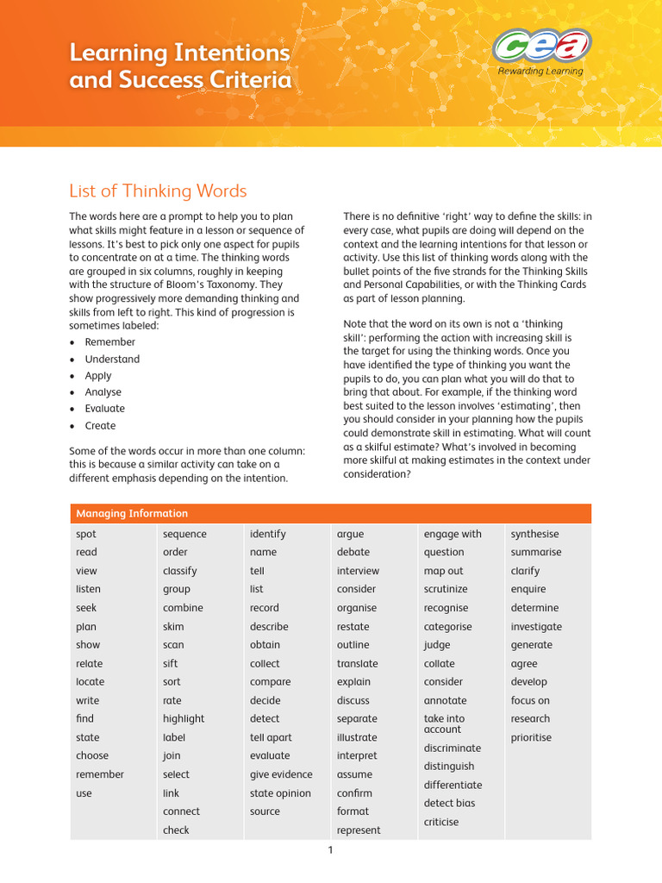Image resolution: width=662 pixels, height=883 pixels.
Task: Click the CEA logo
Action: pyautogui.click(x=540, y=45)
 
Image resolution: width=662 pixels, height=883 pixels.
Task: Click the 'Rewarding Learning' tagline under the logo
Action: pyautogui.click(x=540, y=72)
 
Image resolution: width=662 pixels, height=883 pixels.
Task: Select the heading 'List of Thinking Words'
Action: pyautogui.click(x=158, y=191)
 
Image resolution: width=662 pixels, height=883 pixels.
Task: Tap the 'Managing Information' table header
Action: pyautogui.click(x=132, y=514)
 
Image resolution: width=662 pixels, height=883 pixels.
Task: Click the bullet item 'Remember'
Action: pyautogui.click(x=109, y=342)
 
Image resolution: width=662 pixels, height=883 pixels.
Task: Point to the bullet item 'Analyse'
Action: pyautogui.click(x=103, y=392)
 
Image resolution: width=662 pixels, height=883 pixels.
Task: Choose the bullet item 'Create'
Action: pyautogui.click(x=100, y=426)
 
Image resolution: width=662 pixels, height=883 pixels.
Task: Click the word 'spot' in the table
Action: pyautogui.click(x=86, y=535)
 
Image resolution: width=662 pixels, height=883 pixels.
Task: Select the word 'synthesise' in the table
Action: pyautogui.click(x=534, y=535)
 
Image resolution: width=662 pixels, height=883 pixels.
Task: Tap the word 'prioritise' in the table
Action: pyautogui.click(x=531, y=738)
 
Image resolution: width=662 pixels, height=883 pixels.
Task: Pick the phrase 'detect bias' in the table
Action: pyautogui.click(x=449, y=804)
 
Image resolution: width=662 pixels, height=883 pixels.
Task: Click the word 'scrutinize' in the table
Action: pyautogui.click(x=446, y=590)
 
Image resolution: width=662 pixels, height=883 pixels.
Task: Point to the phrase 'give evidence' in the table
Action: pyautogui.click(x=281, y=775)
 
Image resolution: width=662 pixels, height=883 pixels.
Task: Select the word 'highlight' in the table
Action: pyautogui.click(x=184, y=719)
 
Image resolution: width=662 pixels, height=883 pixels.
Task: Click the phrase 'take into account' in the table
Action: pyautogui.click(x=444, y=724)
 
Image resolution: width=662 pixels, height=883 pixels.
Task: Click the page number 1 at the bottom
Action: pyautogui.click(x=330, y=850)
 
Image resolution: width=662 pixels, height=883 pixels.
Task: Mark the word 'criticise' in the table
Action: pyautogui.click(x=441, y=823)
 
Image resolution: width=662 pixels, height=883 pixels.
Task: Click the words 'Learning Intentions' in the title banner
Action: pyautogui.click(x=179, y=53)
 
